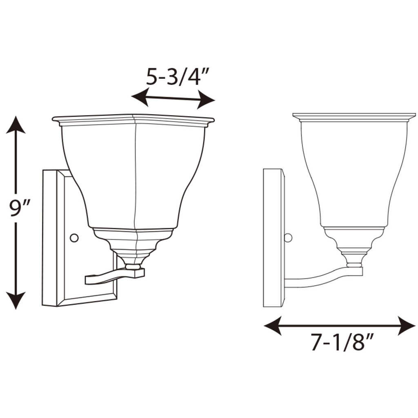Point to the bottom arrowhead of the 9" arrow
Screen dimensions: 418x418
(x=16, y=301)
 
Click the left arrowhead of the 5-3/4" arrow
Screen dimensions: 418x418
(x=139, y=96)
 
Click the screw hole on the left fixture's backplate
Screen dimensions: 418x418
(x=74, y=238)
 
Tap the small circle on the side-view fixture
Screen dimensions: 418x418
(x=288, y=238)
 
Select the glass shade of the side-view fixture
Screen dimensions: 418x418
(x=354, y=171)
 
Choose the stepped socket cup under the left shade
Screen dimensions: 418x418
(x=133, y=245)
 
